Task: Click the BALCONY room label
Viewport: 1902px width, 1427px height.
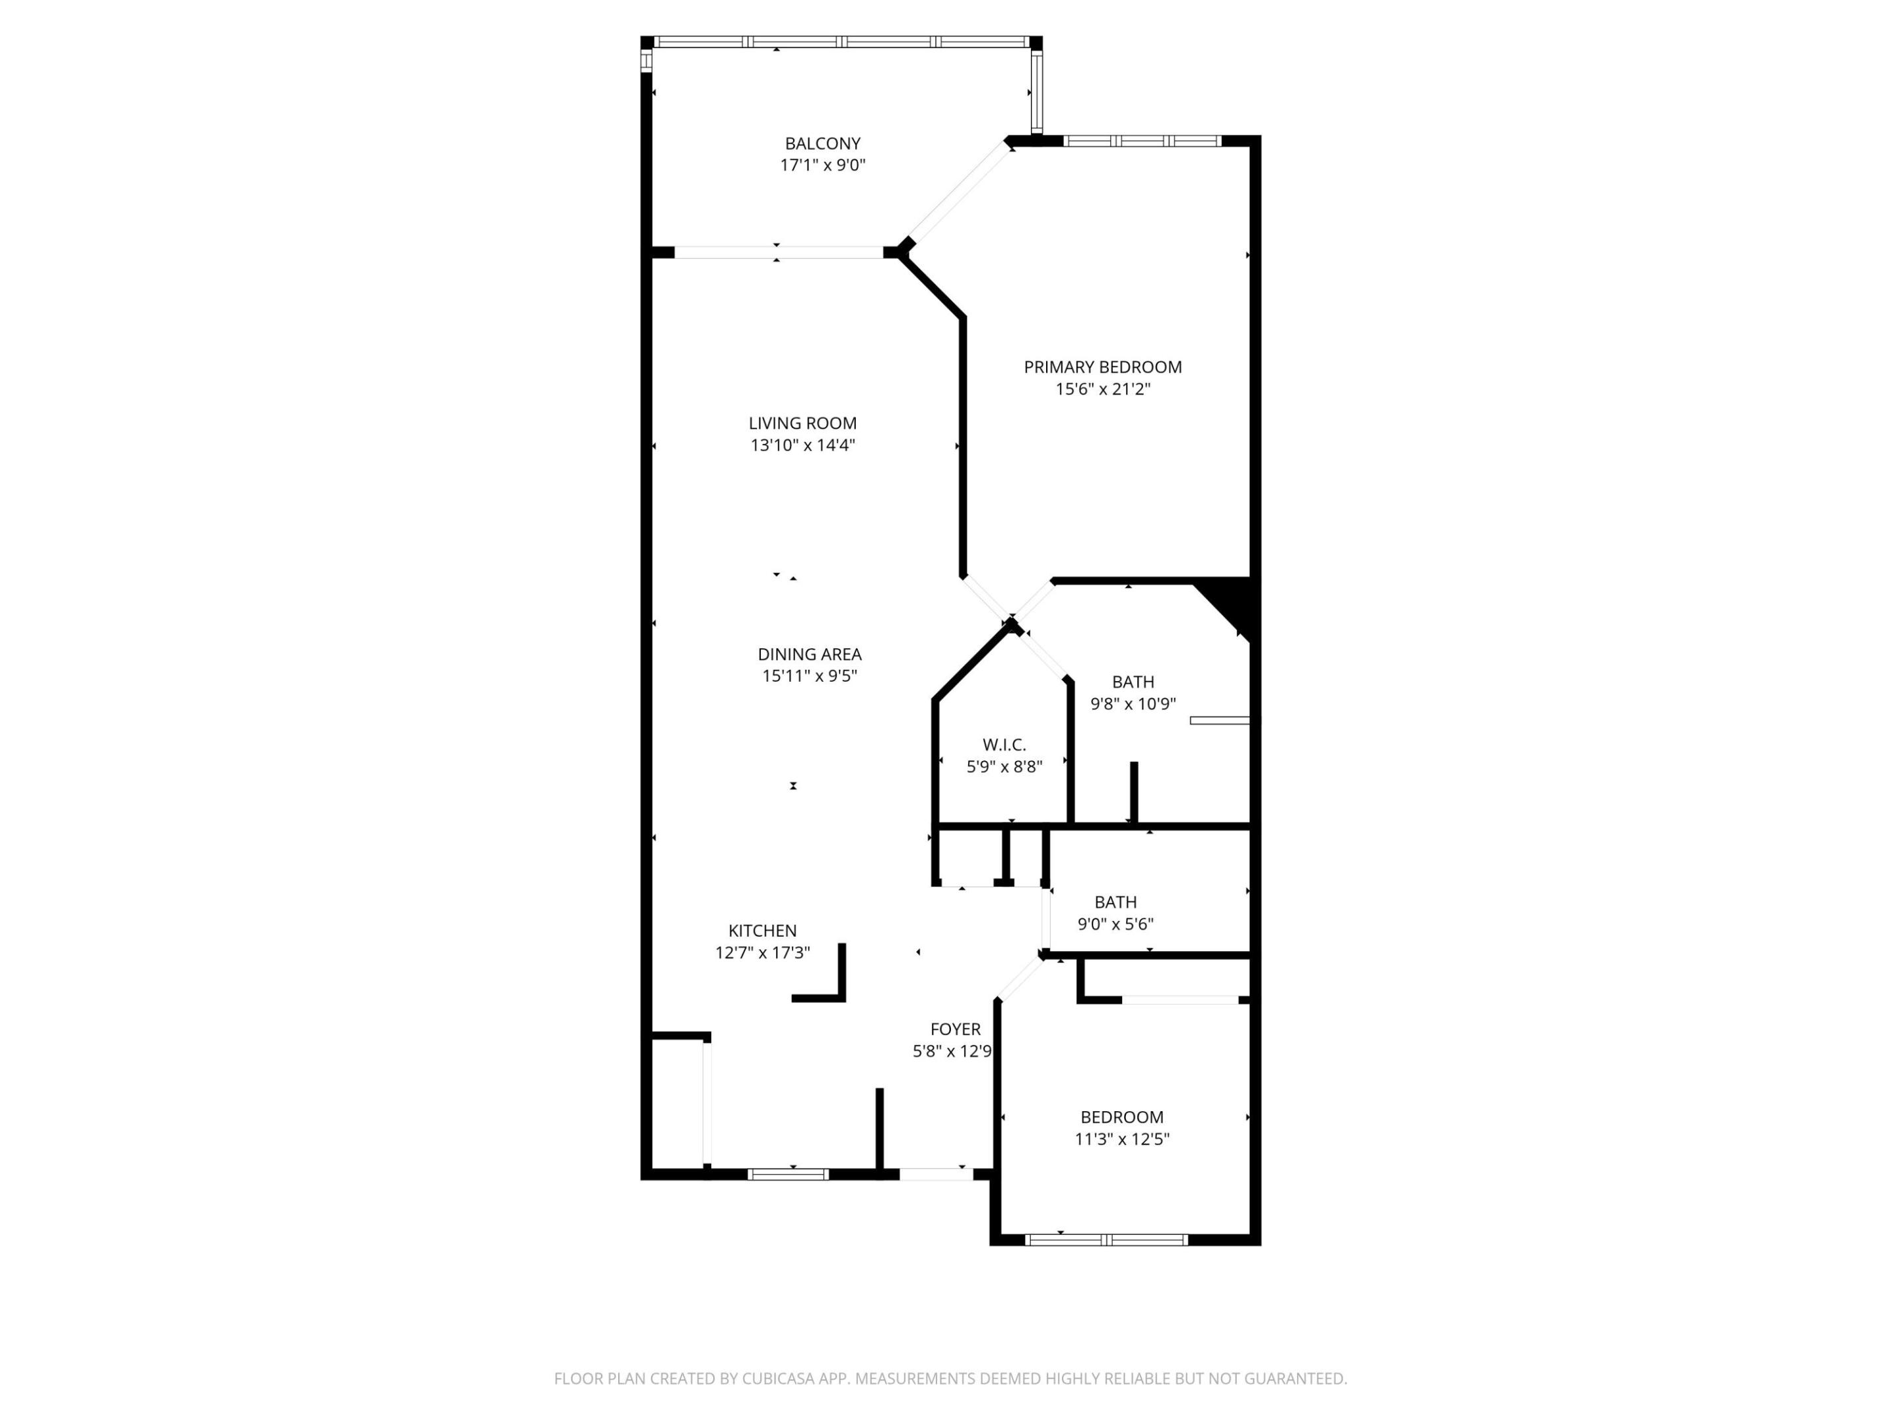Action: click(822, 143)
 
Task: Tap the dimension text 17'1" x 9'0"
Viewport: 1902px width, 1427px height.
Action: click(822, 165)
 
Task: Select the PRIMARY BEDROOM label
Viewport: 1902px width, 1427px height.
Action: click(1102, 367)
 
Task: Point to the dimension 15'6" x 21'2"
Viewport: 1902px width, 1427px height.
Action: click(1102, 388)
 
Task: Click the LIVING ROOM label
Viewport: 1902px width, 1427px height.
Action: click(802, 423)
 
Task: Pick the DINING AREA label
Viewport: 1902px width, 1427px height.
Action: click(809, 655)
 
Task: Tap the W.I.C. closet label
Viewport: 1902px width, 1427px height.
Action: click(1004, 745)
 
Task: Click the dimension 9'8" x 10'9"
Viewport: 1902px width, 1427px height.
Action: click(1133, 704)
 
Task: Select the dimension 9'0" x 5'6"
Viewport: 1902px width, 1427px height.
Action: click(1115, 924)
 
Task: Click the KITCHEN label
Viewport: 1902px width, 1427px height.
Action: click(762, 931)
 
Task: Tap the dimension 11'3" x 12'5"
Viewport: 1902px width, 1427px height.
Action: click(1121, 1139)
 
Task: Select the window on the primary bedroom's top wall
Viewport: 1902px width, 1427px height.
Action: click(1142, 141)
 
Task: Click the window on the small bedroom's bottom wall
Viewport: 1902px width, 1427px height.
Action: click(1107, 1239)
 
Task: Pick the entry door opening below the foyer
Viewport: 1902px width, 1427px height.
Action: click(936, 1174)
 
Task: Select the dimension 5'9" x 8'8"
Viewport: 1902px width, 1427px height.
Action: click(1004, 766)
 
